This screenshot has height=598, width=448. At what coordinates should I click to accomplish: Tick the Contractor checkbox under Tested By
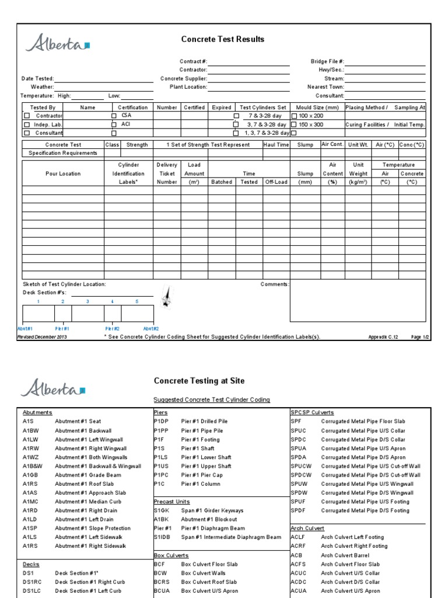coord(26,116)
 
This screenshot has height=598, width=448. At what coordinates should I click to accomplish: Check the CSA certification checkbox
coord(114,116)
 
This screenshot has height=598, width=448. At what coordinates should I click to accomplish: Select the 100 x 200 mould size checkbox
coord(294,116)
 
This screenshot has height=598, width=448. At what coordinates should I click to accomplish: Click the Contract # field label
coord(193,61)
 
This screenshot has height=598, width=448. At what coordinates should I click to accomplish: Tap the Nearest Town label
coord(325,86)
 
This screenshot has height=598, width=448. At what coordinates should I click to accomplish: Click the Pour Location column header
coord(63,173)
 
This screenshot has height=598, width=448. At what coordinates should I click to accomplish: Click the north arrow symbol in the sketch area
coord(167,297)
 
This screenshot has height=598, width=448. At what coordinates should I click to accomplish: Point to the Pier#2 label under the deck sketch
coord(112,329)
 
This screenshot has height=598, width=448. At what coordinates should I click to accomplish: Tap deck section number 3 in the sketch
coord(87,301)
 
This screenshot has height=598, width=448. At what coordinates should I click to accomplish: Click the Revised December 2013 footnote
coord(43,337)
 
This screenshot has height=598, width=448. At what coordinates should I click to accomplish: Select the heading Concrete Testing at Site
coord(199,381)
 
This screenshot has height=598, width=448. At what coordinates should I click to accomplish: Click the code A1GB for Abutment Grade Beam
coord(31,475)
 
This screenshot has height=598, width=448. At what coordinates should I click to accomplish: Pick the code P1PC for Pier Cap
coord(163,475)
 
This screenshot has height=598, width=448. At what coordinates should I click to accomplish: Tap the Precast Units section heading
coord(172,501)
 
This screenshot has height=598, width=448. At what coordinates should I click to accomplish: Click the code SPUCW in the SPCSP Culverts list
coord(301,466)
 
